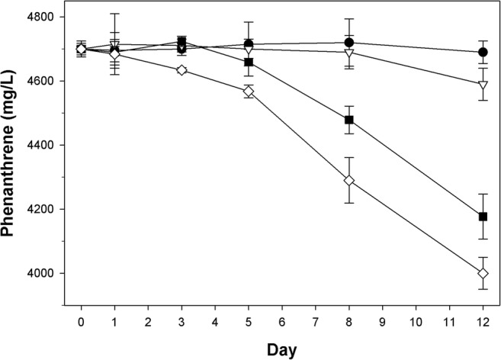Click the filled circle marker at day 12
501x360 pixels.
[483, 52]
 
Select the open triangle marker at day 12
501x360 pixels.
[483, 85]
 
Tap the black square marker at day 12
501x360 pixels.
[483, 217]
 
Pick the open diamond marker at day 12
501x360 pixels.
[483, 274]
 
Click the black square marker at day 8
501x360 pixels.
[349, 119]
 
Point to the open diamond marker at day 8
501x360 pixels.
[349, 181]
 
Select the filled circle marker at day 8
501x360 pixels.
[349, 42]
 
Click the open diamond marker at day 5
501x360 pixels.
[249, 92]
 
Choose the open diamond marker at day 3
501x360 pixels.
[181, 70]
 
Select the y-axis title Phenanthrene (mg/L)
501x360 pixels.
[13, 145]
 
